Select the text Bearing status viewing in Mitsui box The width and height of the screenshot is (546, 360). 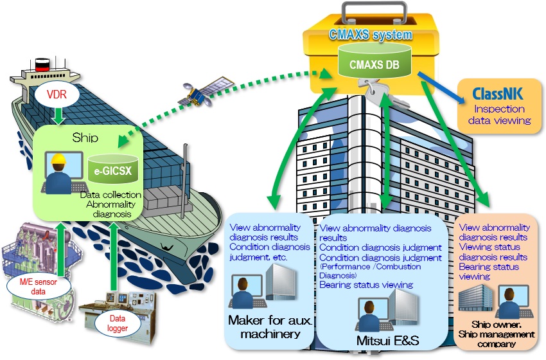pyautogui.click(x=366, y=284)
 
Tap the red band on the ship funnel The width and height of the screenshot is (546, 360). pyautogui.click(x=42, y=64)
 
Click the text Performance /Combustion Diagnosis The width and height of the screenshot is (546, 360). pyautogui.click(x=370, y=270)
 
